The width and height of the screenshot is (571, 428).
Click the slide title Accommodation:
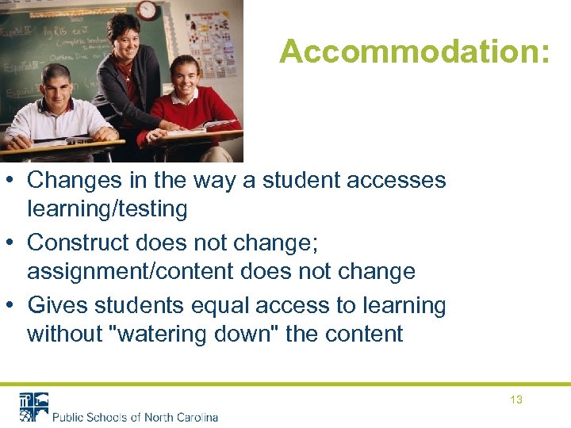coord(414,52)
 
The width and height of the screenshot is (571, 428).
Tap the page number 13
coord(516,399)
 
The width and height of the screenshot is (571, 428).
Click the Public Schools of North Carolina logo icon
coord(33,406)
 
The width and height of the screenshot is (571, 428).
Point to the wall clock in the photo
coord(146,10)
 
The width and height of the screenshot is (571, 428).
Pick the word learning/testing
coord(107,209)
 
